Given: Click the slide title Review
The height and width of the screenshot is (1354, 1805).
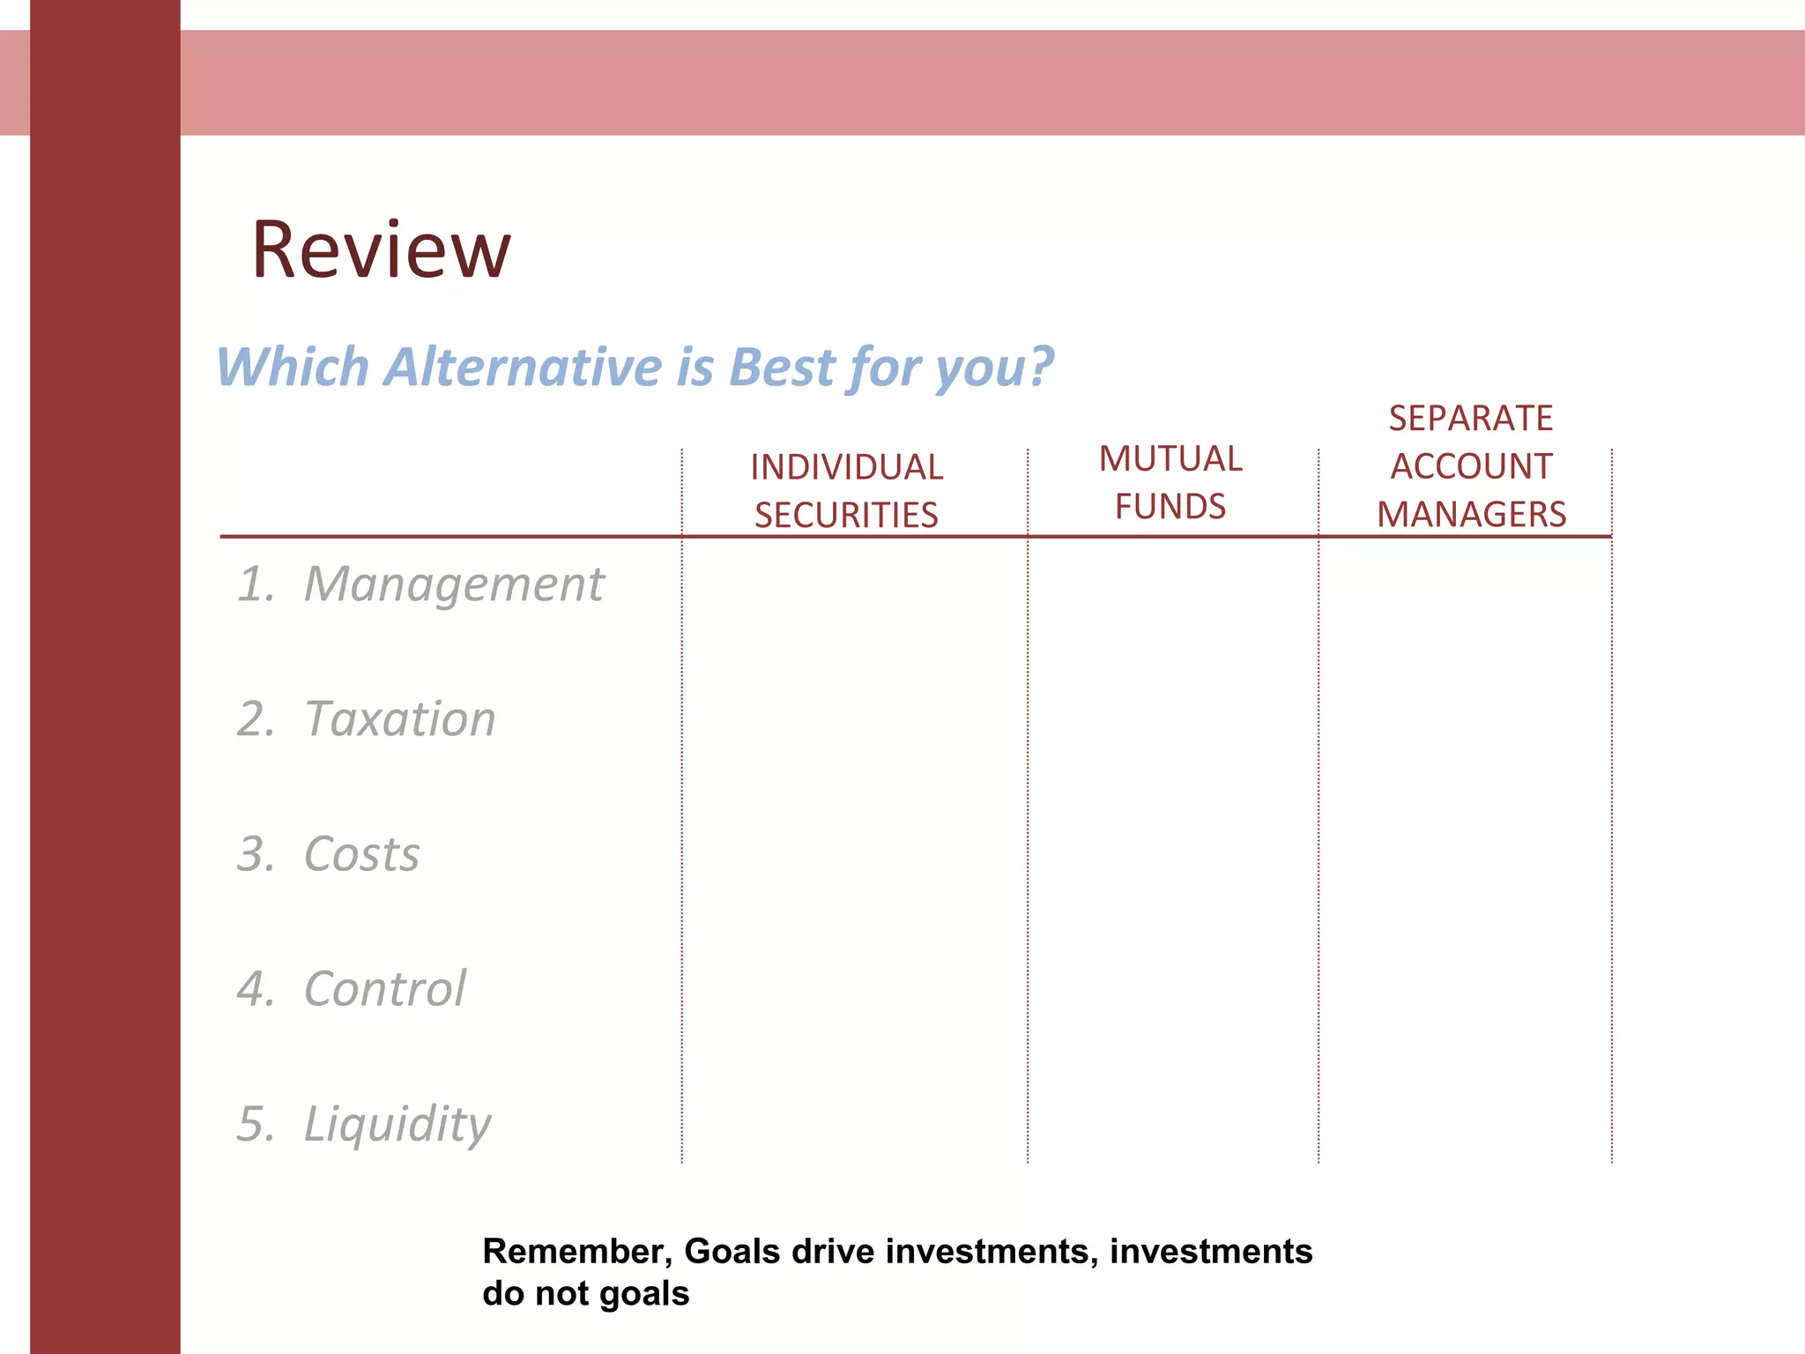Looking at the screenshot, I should click(381, 250).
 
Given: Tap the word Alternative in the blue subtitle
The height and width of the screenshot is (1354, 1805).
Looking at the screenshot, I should click(524, 367).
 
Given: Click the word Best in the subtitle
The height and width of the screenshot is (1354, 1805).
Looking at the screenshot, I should click(781, 367).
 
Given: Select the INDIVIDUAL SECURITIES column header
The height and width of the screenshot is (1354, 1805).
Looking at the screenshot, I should click(846, 491).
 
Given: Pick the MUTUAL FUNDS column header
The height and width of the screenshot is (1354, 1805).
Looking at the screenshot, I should click(1170, 482).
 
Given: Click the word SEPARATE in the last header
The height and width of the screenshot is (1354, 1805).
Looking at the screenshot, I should click(1470, 418).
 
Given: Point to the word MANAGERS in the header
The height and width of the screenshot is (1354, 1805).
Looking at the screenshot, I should click(1471, 514).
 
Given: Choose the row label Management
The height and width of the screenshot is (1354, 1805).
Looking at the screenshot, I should click(454, 584).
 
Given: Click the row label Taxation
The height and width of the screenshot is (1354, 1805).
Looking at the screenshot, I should click(400, 719).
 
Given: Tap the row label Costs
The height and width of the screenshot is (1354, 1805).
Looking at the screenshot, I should click(361, 854).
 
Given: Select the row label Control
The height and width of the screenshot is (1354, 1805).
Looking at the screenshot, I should click(385, 989).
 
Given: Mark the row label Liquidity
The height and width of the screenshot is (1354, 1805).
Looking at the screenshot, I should click(397, 1125).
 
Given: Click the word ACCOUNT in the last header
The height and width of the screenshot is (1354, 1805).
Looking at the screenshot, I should click(1471, 466).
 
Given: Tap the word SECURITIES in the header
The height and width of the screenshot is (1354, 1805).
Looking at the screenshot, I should click(846, 515).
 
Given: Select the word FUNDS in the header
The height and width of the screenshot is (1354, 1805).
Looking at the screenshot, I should click(1170, 507).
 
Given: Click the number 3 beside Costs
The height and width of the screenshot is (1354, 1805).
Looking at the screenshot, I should click(255, 854).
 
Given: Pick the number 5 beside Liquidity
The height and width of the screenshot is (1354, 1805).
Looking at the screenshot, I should click(255, 1125).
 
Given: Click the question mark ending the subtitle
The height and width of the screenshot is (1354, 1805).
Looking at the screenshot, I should click(1041, 365).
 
